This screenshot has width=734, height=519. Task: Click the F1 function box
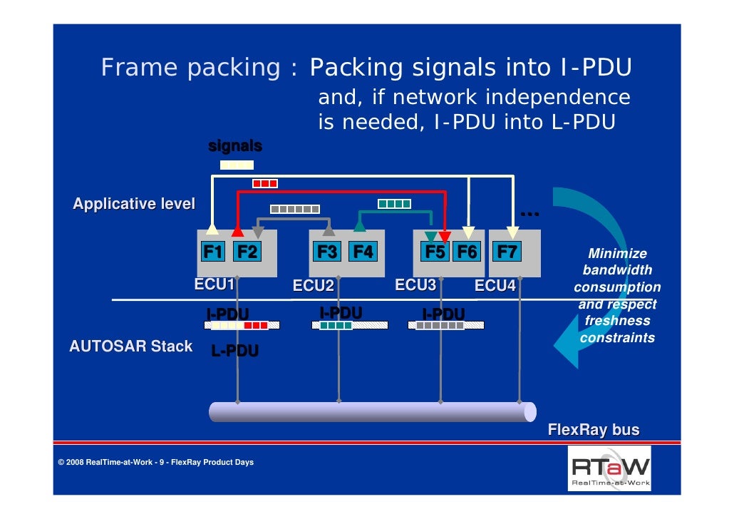coord(213,252)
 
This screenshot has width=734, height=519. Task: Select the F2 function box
coord(247,252)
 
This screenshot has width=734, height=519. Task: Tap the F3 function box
coord(328,252)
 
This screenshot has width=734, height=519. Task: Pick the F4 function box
coord(362,252)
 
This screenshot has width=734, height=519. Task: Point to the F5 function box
coord(435,252)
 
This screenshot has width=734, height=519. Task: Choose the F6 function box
coord(467,252)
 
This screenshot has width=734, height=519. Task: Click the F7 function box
coord(507,252)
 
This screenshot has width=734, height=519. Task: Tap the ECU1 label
coord(215,284)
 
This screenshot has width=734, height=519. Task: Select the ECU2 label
coord(314,287)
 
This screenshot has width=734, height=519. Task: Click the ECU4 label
coord(495,287)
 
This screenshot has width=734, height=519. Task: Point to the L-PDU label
coord(235,351)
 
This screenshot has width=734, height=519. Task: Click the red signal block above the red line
coord(265,184)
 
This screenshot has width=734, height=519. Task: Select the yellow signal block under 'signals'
coord(237,165)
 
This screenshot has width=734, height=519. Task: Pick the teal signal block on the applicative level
coord(394,204)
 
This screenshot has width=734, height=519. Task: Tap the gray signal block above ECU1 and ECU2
coord(295,209)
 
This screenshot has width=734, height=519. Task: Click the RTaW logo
coord(609,468)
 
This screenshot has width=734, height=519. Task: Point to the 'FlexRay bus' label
coord(593,431)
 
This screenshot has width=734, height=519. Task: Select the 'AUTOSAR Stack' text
coord(130,347)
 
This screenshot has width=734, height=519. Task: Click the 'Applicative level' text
coord(134,205)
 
